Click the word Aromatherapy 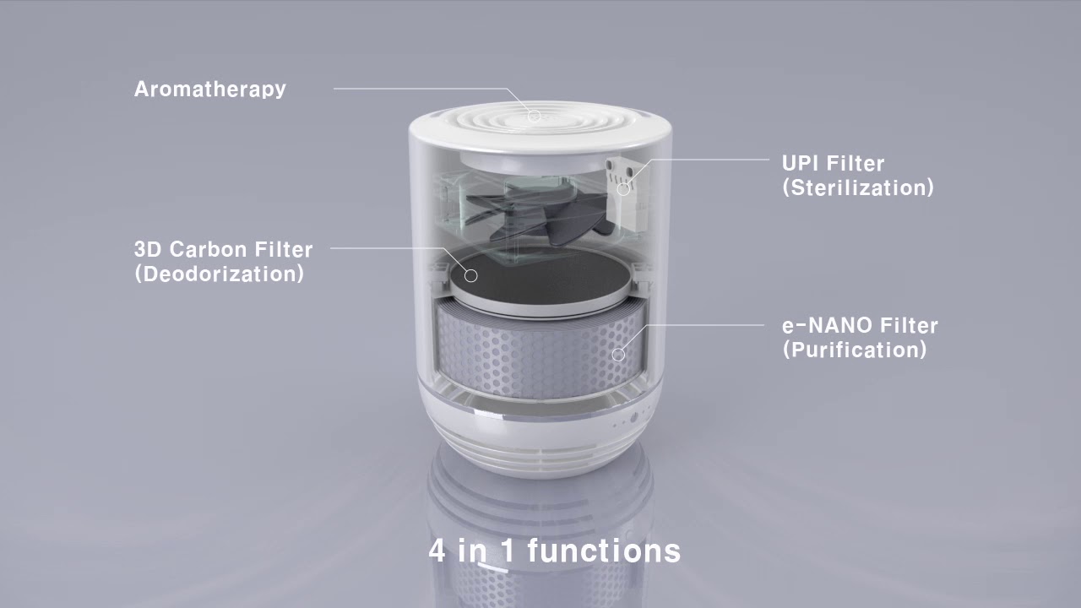click(209, 89)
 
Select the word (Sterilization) click(857, 187)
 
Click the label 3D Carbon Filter click(223, 249)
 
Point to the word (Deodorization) click(219, 274)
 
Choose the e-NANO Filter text click(860, 325)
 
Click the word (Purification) click(854, 350)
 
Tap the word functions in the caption click(603, 551)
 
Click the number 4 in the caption click(437, 551)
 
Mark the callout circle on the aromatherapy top click(534, 115)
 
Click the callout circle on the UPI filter click(623, 188)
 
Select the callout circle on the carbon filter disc click(471, 275)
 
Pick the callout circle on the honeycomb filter click(618, 355)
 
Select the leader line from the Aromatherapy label click(422, 89)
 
